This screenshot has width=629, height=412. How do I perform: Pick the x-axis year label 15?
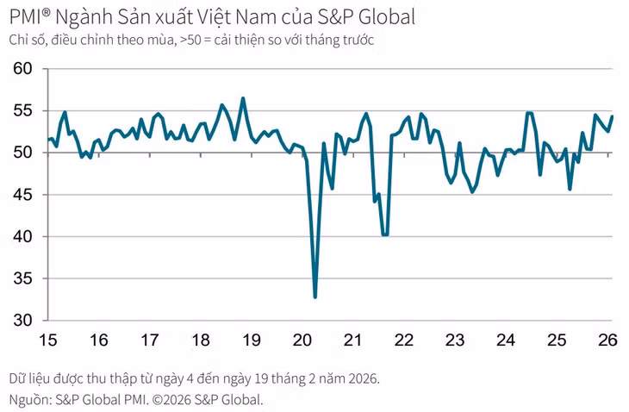click(48, 340)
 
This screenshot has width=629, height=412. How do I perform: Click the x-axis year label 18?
click(201, 340)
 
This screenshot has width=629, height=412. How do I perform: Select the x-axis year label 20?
click(302, 340)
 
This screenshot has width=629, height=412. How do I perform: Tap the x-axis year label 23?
click(455, 340)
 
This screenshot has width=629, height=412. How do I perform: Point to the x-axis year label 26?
click(607, 340)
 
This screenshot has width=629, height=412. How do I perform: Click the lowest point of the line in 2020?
click(315, 297)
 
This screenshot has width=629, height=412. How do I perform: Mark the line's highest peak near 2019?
click(243, 98)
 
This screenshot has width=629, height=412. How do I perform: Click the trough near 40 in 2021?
click(384, 234)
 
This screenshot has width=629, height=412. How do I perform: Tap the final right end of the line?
click(612, 116)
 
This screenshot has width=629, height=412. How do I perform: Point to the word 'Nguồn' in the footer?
click(28, 400)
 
